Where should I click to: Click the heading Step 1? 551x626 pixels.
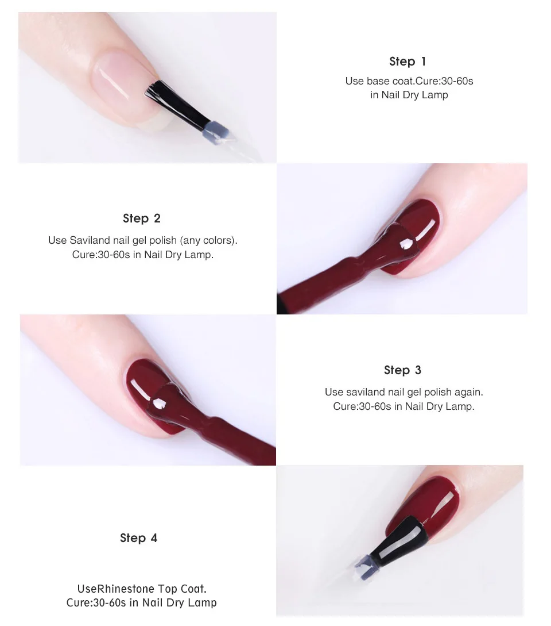(x=408, y=62)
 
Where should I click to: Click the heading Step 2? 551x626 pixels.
(x=142, y=218)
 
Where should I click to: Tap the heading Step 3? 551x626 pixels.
(x=402, y=370)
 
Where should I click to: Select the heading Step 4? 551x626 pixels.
(x=139, y=538)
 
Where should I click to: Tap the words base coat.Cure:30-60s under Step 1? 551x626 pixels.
(x=420, y=81)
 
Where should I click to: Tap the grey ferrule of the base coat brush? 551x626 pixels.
(x=216, y=131)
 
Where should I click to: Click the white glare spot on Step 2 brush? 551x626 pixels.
(x=406, y=243)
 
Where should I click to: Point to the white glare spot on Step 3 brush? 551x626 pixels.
(x=160, y=404)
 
